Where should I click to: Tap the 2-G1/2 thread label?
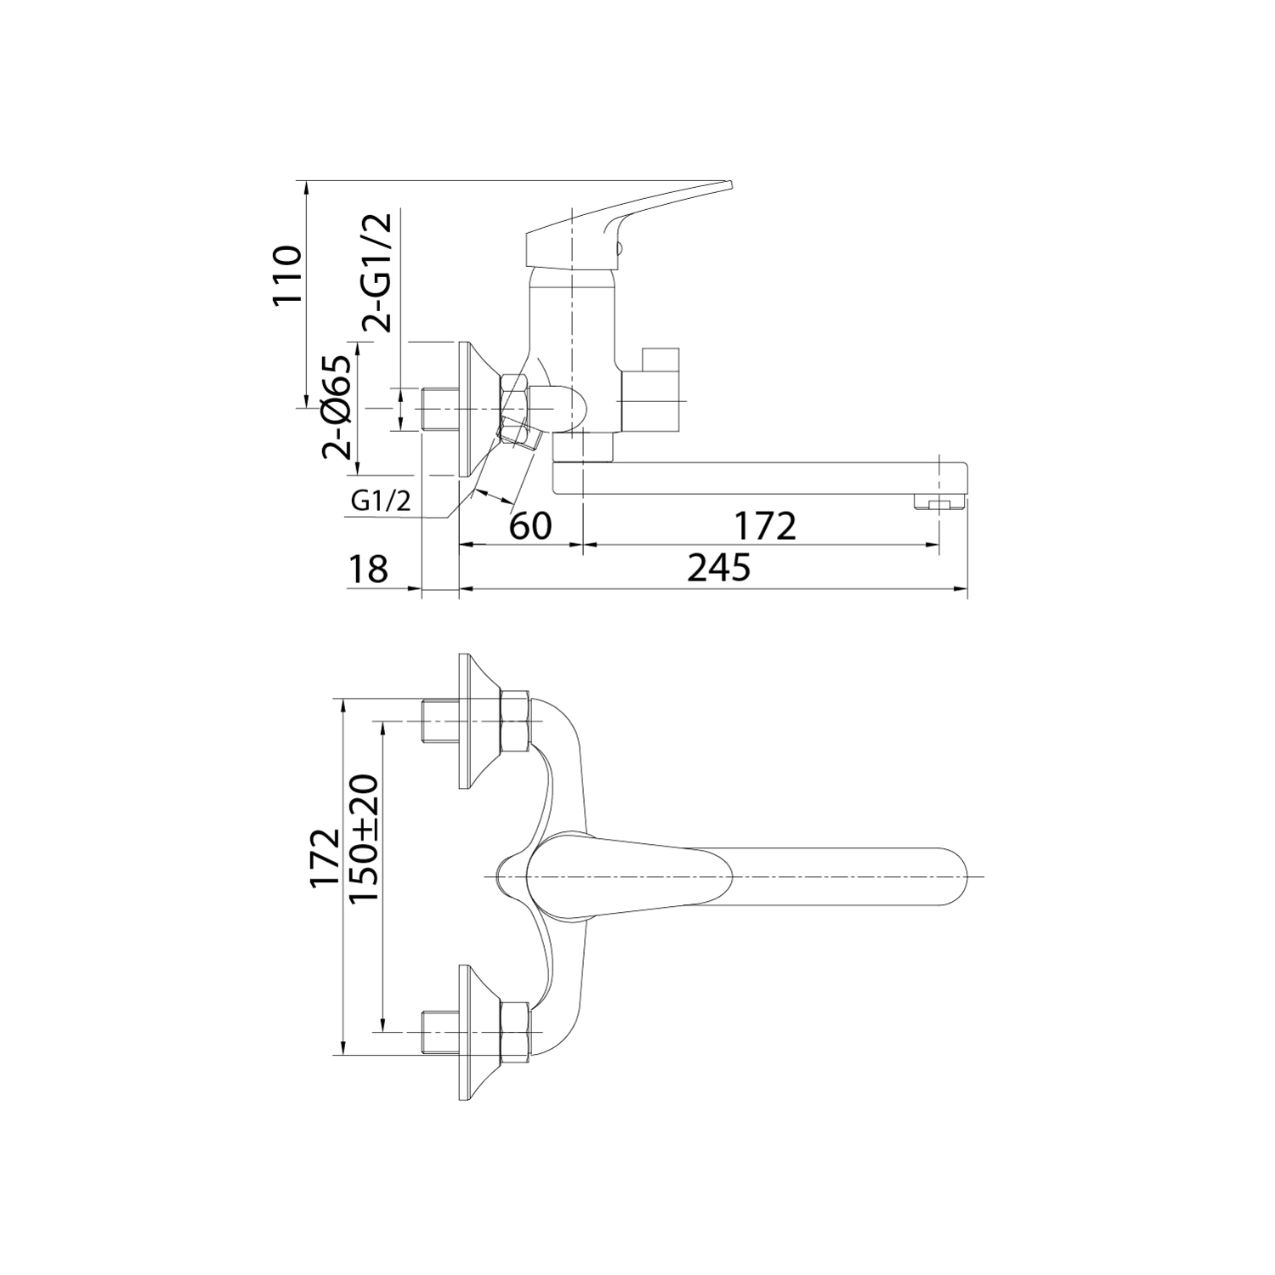pos(377,272)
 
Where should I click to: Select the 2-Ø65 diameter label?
pos(337,407)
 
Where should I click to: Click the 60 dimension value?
pos(530,526)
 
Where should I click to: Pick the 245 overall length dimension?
pos(719,567)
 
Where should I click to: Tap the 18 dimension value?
pos(367,569)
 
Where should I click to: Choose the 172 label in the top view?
pos(324,858)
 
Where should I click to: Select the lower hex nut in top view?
pos(516,1032)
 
